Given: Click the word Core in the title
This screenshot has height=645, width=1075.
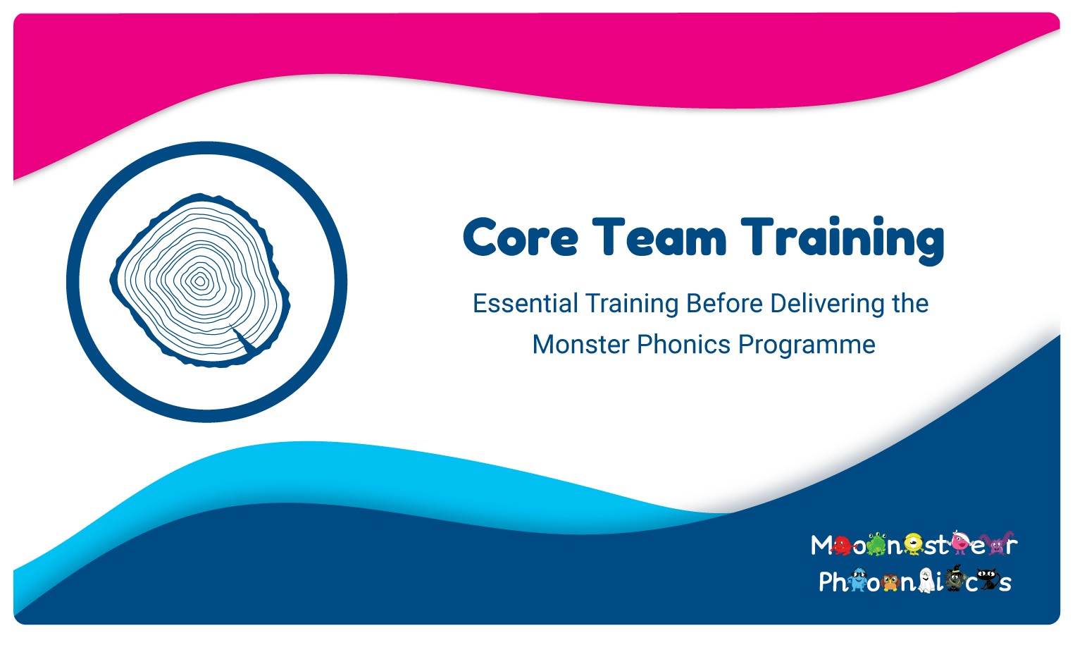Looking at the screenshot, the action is [x=521, y=238].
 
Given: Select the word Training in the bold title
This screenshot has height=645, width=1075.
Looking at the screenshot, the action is [x=843, y=240].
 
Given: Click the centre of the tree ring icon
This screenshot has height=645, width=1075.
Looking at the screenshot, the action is [x=199, y=281].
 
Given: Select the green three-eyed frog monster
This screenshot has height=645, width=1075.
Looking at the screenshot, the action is [x=876, y=544].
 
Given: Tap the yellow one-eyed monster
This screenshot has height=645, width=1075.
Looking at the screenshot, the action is [x=913, y=544].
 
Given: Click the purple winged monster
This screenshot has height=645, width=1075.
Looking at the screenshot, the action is [x=997, y=543].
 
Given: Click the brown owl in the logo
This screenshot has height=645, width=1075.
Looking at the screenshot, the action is [x=891, y=582].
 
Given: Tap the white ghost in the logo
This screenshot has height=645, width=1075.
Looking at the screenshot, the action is [x=926, y=581].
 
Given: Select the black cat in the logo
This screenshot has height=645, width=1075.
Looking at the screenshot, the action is [x=988, y=579].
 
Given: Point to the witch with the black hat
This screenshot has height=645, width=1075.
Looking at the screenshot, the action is [x=955, y=578].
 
